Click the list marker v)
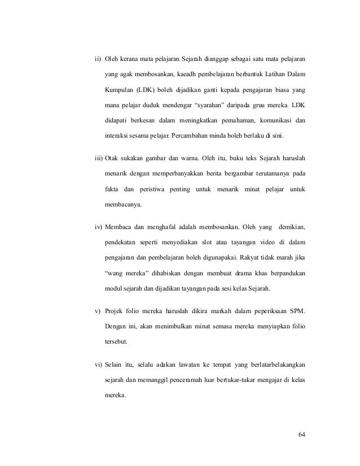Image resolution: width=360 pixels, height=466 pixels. [97, 311]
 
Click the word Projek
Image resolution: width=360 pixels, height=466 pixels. [115, 311]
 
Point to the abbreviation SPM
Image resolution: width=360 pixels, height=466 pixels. [297, 311]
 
